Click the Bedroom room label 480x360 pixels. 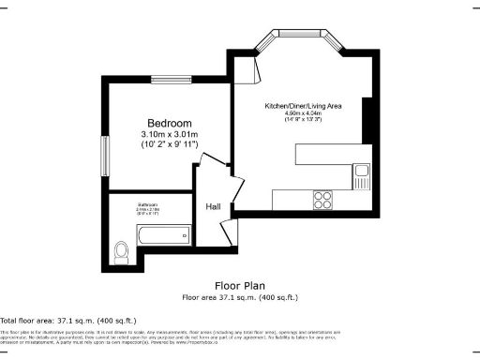(170, 124)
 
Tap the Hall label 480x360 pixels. (213, 207)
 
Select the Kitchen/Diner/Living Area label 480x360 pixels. (302, 106)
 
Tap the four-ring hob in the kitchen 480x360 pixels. (323, 199)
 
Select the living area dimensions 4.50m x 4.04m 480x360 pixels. (302, 113)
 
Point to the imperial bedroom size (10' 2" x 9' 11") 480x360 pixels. (170, 146)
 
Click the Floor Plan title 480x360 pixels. (239, 285)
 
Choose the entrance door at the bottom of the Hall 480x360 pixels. (225, 233)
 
